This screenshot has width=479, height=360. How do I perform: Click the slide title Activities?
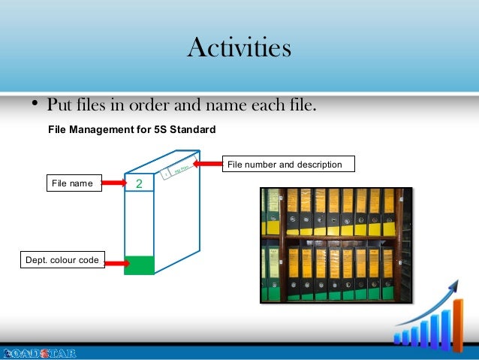pyautogui.click(x=239, y=48)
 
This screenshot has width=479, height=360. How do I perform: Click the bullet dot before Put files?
pyautogui.click(x=35, y=104)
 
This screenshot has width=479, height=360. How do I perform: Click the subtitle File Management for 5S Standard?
pyautogui.click(x=131, y=129)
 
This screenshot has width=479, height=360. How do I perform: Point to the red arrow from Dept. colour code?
pyautogui.click(x=116, y=263)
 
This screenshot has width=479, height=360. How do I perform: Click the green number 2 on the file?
pyautogui.click(x=138, y=184)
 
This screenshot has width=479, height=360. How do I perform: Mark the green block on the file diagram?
pyautogui.click(x=139, y=265)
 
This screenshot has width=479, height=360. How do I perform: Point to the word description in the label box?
pyautogui.click(x=316, y=164)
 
